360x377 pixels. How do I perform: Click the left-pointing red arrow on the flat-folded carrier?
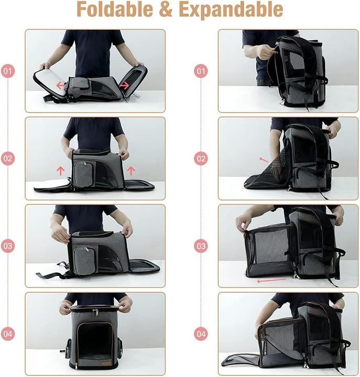tap(60, 85)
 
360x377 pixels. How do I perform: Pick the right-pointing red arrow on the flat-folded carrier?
tap(124, 84)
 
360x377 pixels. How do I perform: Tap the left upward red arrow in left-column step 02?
tap(60, 170)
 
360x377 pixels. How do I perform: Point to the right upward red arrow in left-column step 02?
tap(130, 170)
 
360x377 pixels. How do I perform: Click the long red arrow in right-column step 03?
tap(271, 281)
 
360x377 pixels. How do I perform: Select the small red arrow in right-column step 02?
tap(263, 159)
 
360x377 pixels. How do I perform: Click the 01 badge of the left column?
tap(8, 71)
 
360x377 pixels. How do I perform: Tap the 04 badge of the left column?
tap(8, 333)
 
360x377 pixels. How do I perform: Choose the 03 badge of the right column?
tap(201, 246)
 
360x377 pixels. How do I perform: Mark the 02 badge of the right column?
tap(201, 158)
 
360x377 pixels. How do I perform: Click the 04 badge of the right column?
tap(201, 333)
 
